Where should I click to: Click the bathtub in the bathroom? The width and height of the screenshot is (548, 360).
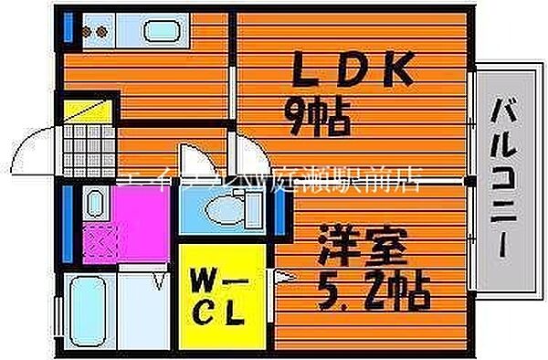point(90,310)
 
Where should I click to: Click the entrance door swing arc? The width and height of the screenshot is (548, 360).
point(37,146)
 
